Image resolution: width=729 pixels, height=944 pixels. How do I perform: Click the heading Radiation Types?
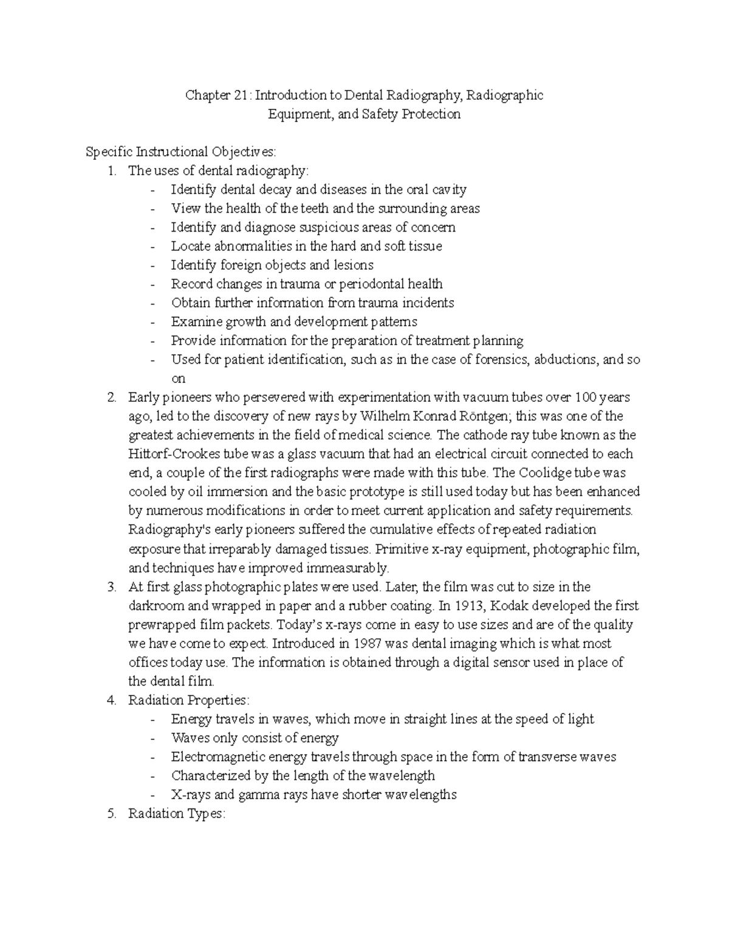176,814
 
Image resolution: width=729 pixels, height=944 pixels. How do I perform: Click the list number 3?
111,587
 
